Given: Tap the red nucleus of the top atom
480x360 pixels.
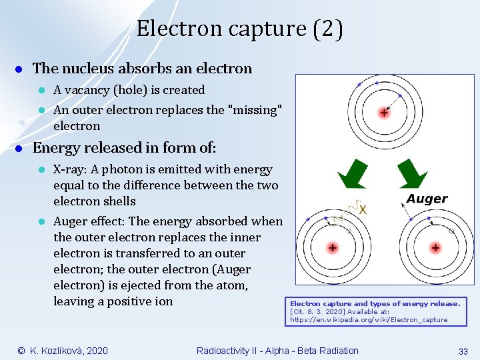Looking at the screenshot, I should click(384, 113).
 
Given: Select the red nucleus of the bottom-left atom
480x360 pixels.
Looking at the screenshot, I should click(332, 247).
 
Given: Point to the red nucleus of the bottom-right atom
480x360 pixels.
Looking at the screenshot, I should click(435, 247).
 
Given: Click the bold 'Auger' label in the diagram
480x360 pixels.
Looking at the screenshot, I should click(427, 199).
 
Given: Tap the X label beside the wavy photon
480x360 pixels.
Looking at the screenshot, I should click(363, 209).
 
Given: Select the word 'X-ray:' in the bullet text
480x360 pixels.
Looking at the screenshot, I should click(70, 169).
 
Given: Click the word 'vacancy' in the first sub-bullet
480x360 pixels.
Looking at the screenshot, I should click(89, 90).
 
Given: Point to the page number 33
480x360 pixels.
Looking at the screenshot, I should click(463, 351).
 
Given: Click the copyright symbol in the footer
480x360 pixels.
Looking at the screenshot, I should click(21, 351).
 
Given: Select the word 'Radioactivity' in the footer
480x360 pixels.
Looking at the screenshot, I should click(226, 351).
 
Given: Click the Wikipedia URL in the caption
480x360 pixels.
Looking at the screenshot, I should click(369, 320).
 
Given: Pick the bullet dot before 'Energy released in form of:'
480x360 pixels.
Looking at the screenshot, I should click(21, 148).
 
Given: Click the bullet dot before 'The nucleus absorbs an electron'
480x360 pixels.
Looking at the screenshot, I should click(21, 69).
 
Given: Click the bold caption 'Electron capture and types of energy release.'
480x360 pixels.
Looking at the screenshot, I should click(375, 304).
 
